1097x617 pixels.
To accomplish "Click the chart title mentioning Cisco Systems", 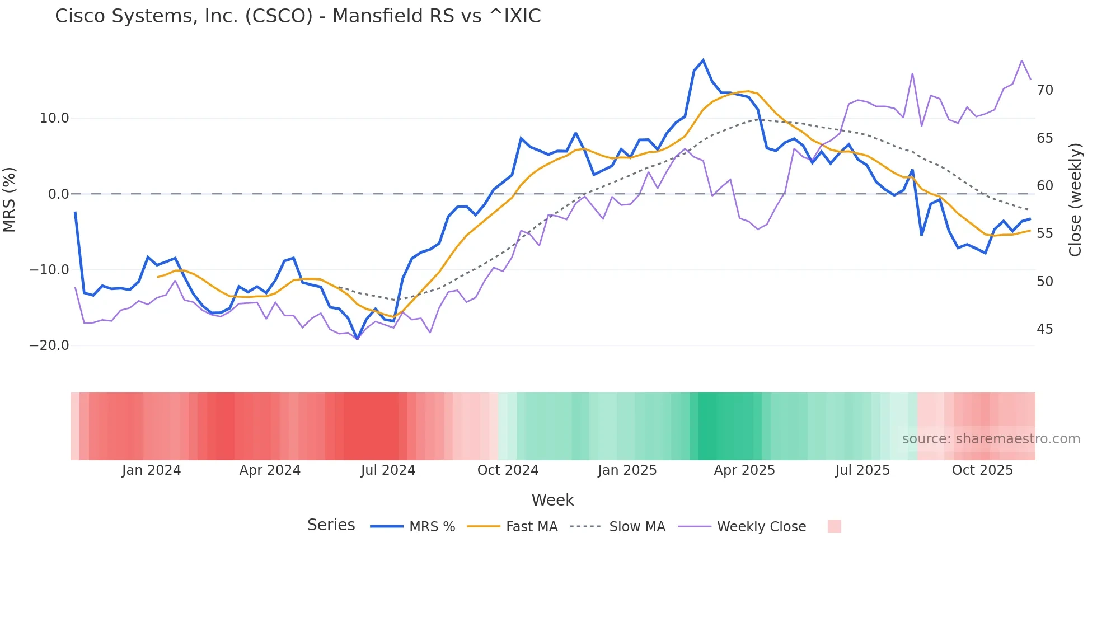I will click(298, 16).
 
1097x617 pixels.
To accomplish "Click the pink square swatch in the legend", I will click(834, 526).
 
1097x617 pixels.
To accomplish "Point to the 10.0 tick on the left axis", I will click(54, 118).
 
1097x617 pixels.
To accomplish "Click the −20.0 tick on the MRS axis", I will click(49, 345).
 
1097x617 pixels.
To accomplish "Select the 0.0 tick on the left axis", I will click(58, 194).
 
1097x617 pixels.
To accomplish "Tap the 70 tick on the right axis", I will click(1045, 90).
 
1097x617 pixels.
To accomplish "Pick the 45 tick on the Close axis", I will click(1045, 329).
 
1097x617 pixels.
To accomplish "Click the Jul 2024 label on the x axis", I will click(388, 470).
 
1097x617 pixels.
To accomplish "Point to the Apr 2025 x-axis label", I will click(744, 470).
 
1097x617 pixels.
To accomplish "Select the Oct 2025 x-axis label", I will click(982, 470).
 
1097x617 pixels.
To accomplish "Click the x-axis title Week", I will click(552, 500).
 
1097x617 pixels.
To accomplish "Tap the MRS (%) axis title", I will click(10, 200).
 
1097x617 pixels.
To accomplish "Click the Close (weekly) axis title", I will click(1075, 200).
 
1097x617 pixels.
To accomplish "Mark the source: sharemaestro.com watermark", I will click(991, 439).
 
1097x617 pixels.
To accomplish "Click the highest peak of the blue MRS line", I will click(703, 60).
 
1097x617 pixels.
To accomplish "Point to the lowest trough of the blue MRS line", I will click(357, 339).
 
